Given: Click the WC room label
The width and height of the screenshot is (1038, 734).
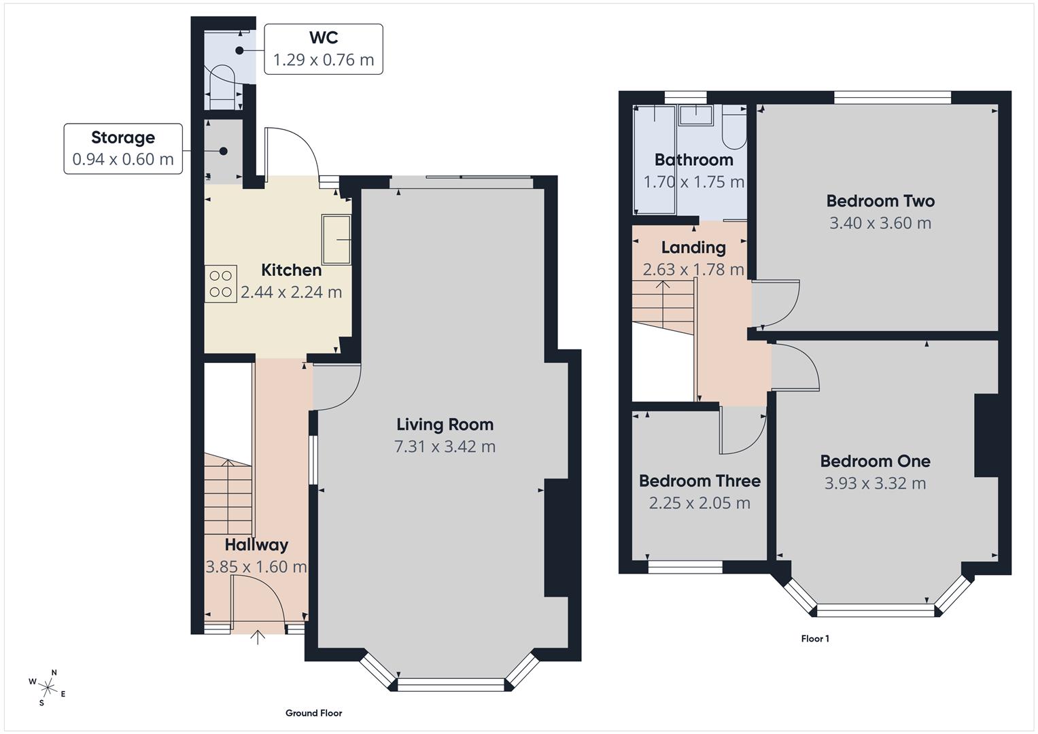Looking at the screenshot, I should [x=323, y=37].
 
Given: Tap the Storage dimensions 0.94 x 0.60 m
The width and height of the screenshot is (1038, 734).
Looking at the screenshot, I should [x=123, y=160].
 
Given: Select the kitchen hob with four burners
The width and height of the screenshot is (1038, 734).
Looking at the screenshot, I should [x=221, y=283].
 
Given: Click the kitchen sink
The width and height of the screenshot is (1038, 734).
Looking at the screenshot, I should [x=336, y=239].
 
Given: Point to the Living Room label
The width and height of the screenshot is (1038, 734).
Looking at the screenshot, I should [x=445, y=425].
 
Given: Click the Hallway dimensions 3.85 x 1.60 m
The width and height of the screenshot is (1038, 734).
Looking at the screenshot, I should [x=256, y=567].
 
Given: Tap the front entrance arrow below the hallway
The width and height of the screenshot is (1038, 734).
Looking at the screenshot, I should [x=258, y=637].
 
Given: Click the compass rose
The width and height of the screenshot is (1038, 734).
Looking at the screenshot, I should [x=48, y=686].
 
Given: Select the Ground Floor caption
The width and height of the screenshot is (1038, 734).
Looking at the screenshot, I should [x=313, y=713].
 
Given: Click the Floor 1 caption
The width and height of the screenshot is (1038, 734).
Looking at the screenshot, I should [x=814, y=639].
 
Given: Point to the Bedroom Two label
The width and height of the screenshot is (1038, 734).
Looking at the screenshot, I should [x=880, y=201].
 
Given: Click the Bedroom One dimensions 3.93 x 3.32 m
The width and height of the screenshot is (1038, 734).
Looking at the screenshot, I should [x=875, y=483].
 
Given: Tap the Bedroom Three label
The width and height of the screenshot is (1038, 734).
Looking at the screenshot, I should [x=699, y=481].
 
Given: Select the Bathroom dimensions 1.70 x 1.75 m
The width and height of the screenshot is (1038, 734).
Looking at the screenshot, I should [x=693, y=182].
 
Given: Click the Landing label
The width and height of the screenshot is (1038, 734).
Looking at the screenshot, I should [x=693, y=247].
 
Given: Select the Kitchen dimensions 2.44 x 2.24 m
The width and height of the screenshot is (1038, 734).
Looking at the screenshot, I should [x=291, y=292].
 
